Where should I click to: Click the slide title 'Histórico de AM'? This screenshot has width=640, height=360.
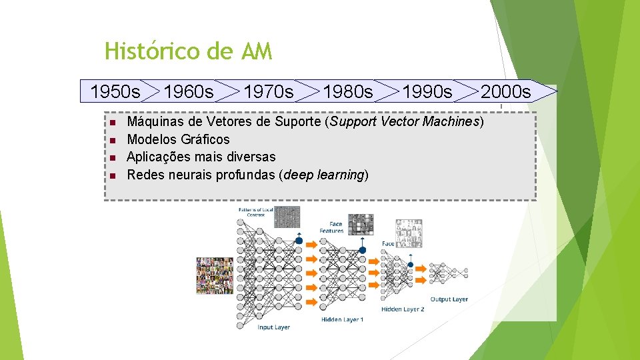188,51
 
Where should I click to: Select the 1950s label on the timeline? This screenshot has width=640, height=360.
115,91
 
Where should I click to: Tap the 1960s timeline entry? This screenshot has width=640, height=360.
189,91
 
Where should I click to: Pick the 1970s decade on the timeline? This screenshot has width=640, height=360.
268,91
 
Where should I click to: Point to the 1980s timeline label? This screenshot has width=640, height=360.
348,91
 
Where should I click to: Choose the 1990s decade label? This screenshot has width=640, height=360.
427,91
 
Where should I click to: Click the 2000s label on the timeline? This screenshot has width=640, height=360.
506,91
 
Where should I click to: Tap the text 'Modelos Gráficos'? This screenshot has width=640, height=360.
178,139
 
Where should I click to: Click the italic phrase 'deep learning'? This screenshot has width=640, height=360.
325,175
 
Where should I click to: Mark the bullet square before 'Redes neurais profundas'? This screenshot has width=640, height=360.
113,175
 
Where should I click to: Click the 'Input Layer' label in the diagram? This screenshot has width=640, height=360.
274,327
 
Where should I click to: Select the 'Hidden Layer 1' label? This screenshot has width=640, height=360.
342,320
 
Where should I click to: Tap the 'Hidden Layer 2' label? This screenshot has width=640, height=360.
403,309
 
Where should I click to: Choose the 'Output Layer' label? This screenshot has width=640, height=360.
449,299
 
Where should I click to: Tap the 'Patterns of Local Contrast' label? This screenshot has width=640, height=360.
255,212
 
